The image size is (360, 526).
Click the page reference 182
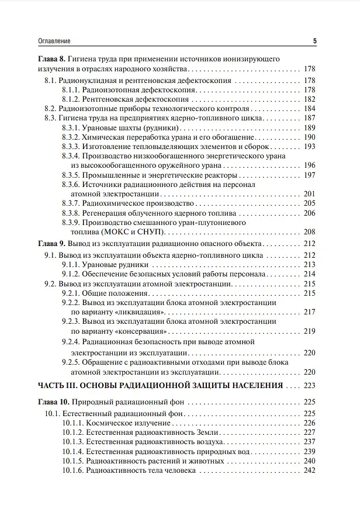(x=309, y=99)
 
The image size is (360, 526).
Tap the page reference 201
(x=309, y=194)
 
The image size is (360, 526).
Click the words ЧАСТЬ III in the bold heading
(x=60, y=386)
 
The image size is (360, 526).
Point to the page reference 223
(x=309, y=386)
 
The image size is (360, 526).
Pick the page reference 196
(x=309, y=165)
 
